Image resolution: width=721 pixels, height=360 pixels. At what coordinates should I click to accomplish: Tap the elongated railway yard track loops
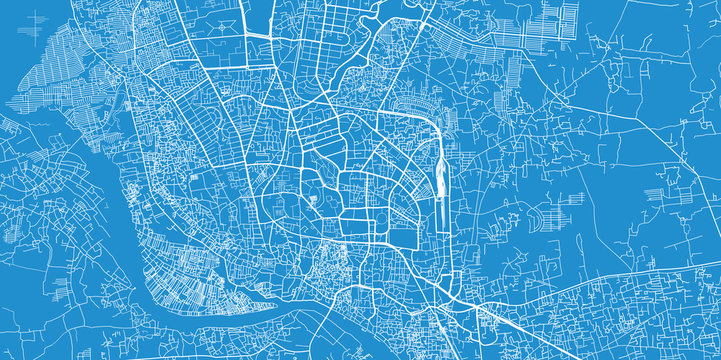pos(440,180)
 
